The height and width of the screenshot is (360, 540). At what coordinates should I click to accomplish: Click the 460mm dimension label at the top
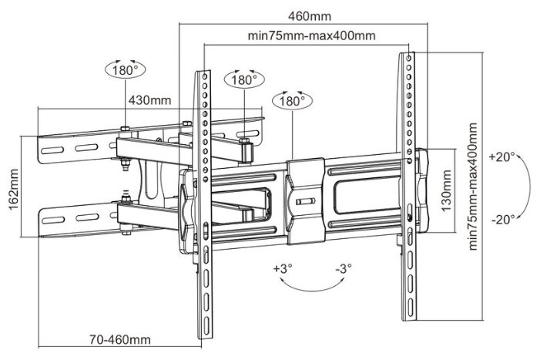(310, 16)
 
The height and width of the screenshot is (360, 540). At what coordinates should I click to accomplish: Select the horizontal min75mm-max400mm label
(312, 35)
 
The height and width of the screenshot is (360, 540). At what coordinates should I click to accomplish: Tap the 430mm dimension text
(149, 100)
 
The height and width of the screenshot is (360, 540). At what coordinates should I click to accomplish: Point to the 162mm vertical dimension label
(13, 189)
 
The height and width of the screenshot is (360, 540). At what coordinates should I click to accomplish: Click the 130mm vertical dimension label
(446, 190)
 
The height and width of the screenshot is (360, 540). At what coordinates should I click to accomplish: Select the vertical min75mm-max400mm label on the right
(473, 187)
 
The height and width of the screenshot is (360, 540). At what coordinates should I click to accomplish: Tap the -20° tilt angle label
(503, 219)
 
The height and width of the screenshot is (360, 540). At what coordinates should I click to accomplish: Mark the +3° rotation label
(283, 268)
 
